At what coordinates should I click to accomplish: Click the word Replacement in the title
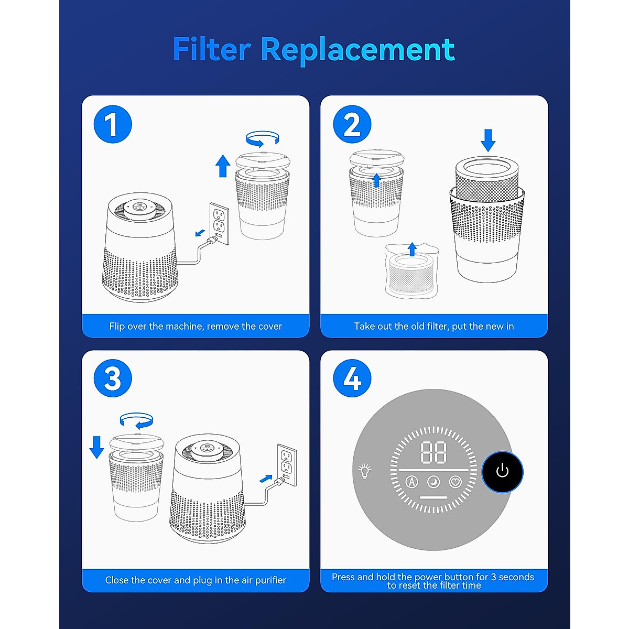[x=357, y=50]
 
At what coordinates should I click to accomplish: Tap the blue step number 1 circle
[x=113, y=124]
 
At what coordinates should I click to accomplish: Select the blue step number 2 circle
[x=352, y=124]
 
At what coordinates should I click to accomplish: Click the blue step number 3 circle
[x=113, y=378]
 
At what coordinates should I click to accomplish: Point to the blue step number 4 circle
[x=352, y=378]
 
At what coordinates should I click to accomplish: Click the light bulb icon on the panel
[x=364, y=471]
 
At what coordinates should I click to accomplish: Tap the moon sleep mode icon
[x=433, y=481]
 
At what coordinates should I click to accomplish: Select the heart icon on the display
[x=456, y=481]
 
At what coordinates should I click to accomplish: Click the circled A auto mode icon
[x=412, y=481]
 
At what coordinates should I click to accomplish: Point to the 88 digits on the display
[x=433, y=452]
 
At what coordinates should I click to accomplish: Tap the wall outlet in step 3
[x=286, y=460]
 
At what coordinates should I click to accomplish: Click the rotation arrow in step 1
[x=263, y=138]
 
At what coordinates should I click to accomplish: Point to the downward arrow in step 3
[x=97, y=447]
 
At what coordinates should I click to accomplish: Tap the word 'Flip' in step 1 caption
[x=117, y=326]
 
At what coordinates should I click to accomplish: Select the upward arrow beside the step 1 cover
[x=223, y=166]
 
